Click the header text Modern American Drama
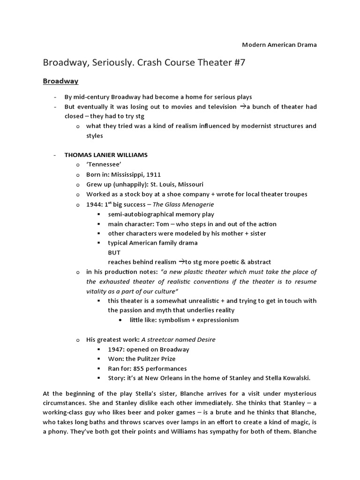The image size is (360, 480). click(x=279, y=45)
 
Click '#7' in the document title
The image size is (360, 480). click(x=237, y=63)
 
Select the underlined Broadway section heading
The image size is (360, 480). click(x=60, y=81)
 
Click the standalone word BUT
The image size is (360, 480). click(x=114, y=253)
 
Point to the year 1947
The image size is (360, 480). click(x=116, y=349)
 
